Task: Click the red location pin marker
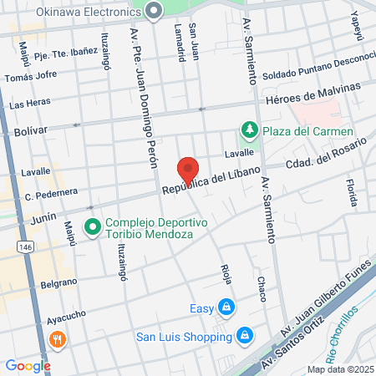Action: [188, 168]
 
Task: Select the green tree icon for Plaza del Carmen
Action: [249, 130]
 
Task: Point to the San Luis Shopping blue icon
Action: [244, 336]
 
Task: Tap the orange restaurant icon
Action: [58, 339]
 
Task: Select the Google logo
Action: [28, 365]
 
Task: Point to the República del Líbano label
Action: [207, 182]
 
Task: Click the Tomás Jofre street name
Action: [30, 78]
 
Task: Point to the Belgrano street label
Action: [61, 286]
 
